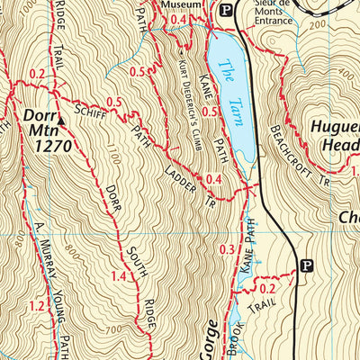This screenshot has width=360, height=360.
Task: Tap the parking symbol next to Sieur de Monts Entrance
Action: pyautogui.click(x=227, y=11)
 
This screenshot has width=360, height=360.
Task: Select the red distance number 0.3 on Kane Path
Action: pyautogui.click(x=227, y=249)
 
